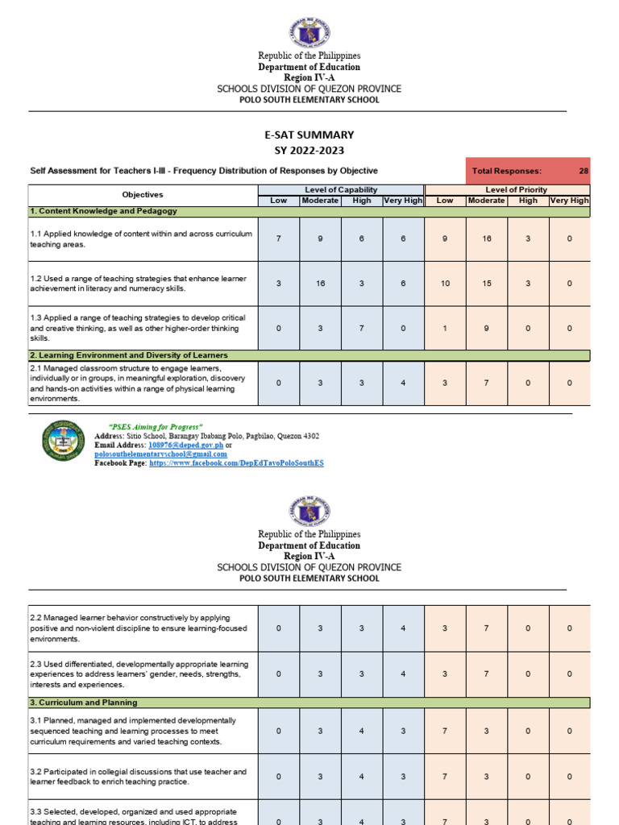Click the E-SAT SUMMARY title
(x=309, y=135)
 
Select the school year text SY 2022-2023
(x=309, y=151)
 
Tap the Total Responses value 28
(x=583, y=171)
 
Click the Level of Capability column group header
(x=340, y=189)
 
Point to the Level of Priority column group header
(x=507, y=189)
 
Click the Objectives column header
(x=143, y=195)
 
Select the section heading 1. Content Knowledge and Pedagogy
(x=104, y=211)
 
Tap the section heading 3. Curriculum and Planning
(x=84, y=703)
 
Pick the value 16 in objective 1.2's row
(x=320, y=284)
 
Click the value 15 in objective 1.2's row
(x=486, y=284)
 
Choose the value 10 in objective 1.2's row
(x=445, y=284)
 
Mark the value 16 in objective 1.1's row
(x=486, y=239)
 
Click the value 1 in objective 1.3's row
(x=445, y=328)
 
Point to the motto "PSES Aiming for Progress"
(x=155, y=426)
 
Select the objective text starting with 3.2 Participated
(x=138, y=777)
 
